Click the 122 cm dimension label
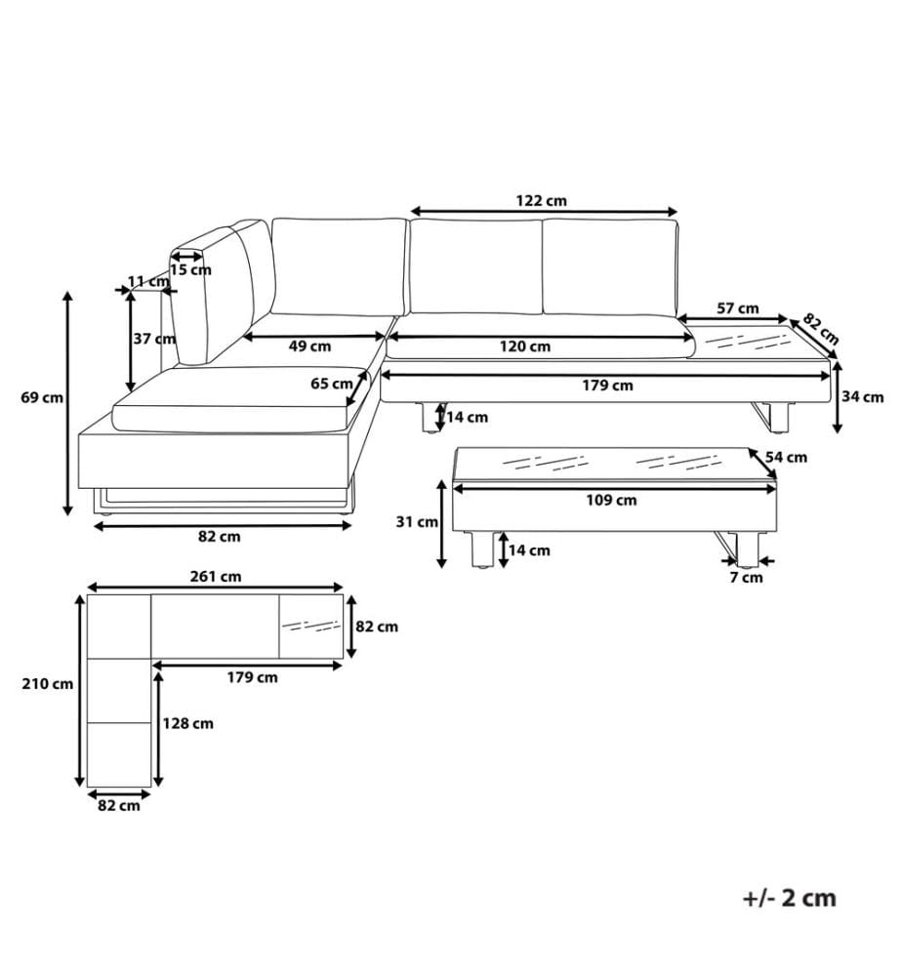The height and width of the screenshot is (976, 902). (541, 201)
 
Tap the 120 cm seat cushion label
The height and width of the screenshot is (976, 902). (525, 346)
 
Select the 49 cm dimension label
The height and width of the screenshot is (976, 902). (310, 346)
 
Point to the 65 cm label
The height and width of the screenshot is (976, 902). (332, 384)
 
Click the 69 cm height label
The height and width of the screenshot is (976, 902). (42, 397)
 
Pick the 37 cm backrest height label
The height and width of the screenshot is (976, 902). (154, 340)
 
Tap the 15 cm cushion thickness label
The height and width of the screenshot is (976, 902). (190, 270)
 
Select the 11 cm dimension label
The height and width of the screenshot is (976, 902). (148, 281)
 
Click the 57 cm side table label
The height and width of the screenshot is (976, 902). (738, 308)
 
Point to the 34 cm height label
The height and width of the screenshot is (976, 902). (862, 397)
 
